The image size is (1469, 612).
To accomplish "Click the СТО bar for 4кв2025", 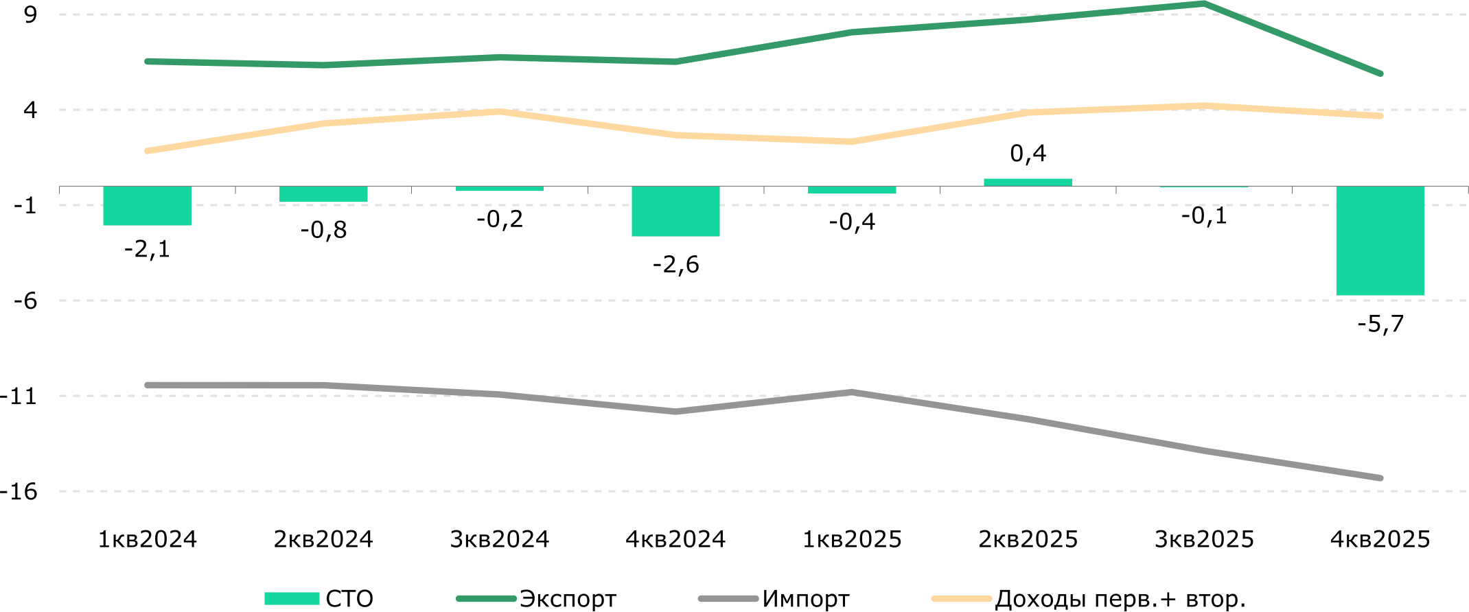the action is click(x=1380, y=241).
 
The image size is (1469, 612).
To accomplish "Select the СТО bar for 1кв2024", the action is click(x=148, y=206).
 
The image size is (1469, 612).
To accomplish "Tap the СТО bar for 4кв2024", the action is click(x=675, y=211).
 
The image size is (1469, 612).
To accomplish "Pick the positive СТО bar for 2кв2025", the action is click(x=1028, y=183).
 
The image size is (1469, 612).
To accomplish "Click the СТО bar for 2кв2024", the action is click(x=323, y=194).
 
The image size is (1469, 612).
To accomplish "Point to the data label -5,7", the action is click(x=1380, y=323).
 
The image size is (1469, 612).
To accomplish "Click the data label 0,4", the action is click(x=1028, y=153).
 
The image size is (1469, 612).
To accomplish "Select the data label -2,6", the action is click(x=676, y=264).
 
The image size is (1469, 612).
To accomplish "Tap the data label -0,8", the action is click(x=323, y=229).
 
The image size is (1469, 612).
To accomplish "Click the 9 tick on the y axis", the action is click(x=30, y=14).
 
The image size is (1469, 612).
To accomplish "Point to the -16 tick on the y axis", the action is click(x=19, y=491).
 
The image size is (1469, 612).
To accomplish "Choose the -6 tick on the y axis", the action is click(x=25, y=301).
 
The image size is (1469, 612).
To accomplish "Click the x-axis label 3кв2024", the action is click(x=500, y=539).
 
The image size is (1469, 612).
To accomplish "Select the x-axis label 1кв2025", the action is click(x=852, y=539).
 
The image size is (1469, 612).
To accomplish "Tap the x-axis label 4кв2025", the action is click(x=1380, y=539).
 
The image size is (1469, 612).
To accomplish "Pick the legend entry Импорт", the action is click(x=774, y=599).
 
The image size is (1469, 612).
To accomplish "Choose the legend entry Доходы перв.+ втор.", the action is click(x=1089, y=599).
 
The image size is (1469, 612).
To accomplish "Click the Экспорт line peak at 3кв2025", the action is click(x=1204, y=4).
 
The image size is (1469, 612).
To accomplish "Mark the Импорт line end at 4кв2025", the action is click(x=1380, y=478).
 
